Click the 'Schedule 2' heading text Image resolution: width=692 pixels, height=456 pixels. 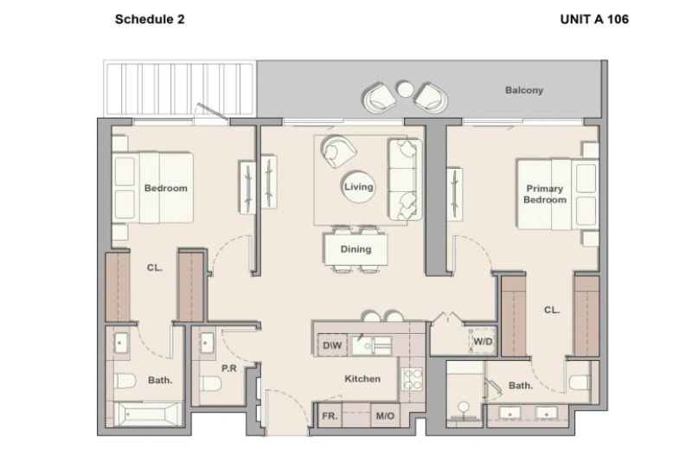coord(150,18)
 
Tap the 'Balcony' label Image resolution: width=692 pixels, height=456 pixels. coord(524,90)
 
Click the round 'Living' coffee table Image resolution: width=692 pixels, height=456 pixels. coord(358,187)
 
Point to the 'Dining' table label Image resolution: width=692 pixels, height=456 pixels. coord(356,249)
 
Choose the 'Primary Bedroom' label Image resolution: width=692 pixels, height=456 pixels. coord(544,195)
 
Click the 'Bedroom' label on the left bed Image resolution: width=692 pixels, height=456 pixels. coord(165,188)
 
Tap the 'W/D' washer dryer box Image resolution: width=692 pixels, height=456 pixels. coord(482,340)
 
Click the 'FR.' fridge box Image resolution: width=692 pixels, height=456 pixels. coord(330,416)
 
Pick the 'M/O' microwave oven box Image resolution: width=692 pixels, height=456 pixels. coord(384,416)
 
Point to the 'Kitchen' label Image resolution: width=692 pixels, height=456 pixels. coord(362,379)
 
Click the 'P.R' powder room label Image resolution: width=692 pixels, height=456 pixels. coord(229,368)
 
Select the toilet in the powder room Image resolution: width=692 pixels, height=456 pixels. coord(211,383)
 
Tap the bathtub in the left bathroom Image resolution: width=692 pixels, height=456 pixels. coord(148,416)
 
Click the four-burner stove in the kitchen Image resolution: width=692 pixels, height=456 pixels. coord(412,379)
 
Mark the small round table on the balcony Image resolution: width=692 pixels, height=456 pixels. coord(404,87)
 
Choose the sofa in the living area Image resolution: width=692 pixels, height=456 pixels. coord(402,178)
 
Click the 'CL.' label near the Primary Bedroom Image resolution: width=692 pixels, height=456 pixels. coord(551,309)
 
